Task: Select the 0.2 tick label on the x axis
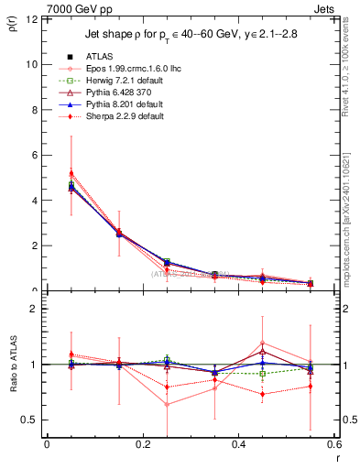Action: point(142,445)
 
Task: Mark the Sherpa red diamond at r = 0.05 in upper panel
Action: point(47,172)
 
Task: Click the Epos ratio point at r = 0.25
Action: point(142,404)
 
